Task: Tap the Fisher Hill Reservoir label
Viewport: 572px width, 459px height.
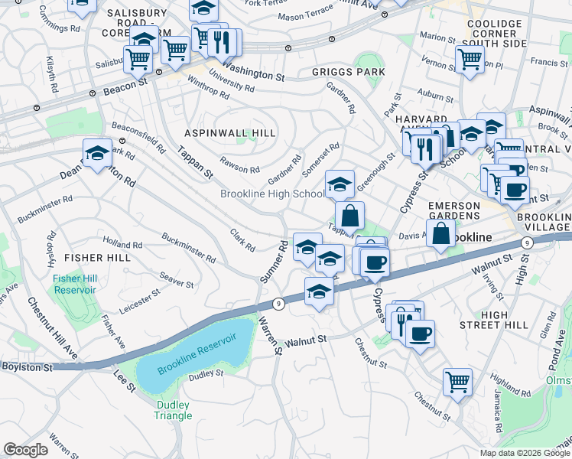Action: tap(74, 284)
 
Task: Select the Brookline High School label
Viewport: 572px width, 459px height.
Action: tap(271, 194)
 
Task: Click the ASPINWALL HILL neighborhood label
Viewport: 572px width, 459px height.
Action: tap(229, 133)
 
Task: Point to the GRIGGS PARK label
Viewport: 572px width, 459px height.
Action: tap(348, 73)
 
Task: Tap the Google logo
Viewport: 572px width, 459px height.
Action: tap(25, 450)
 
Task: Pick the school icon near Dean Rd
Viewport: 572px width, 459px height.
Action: tap(97, 153)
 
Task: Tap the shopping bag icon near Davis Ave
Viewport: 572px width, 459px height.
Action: tap(441, 233)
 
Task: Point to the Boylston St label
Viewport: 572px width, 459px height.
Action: tap(26, 367)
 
